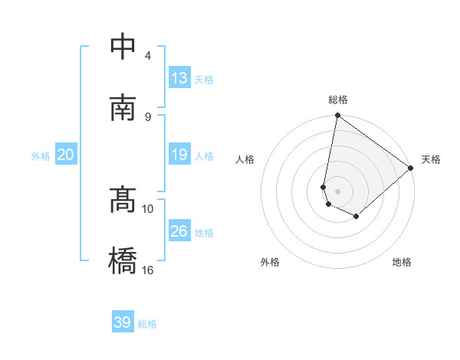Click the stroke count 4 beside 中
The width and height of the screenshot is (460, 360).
pos(148,55)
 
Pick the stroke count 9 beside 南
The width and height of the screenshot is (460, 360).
pos(148,116)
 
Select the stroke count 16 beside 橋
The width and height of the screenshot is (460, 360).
pos(148,270)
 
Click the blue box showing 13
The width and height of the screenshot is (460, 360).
pos(179,78)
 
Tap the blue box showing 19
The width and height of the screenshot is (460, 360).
pos(179,155)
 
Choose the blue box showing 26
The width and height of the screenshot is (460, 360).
pos(179,231)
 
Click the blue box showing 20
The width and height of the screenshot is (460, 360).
pos(66,155)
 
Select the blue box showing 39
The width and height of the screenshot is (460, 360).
pos(123,322)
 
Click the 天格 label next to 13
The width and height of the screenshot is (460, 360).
pos(204,80)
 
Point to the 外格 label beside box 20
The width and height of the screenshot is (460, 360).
pos(41,156)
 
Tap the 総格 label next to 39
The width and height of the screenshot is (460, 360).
pos(147,324)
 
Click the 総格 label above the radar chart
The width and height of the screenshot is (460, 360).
pos(338,100)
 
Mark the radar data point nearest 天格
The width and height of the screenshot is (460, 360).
pos(411,169)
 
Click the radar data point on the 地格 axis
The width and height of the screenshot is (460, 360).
pos(356,217)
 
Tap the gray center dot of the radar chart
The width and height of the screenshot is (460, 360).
pos(338,191)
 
